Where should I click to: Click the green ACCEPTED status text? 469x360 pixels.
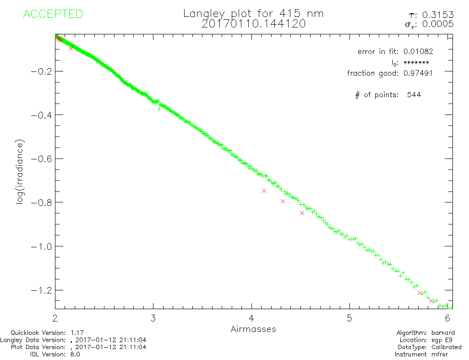pos(53,14)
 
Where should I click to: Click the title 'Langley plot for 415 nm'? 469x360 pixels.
pos(253,13)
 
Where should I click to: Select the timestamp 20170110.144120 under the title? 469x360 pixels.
pos(253,24)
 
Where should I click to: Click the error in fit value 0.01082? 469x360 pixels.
pos(418,51)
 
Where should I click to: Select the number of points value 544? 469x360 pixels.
pos(414,95)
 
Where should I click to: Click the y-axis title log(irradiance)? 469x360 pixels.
pos(20,171)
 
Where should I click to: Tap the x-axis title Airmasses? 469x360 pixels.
pos(253,329)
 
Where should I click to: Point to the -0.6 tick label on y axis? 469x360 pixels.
pos(40,158)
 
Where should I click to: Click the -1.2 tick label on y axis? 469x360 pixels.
pos(40,290)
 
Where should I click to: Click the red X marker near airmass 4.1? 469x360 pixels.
pos(264,191)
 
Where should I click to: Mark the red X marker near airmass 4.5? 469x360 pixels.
pos(302,213)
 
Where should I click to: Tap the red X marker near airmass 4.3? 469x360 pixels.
pos(283,201)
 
